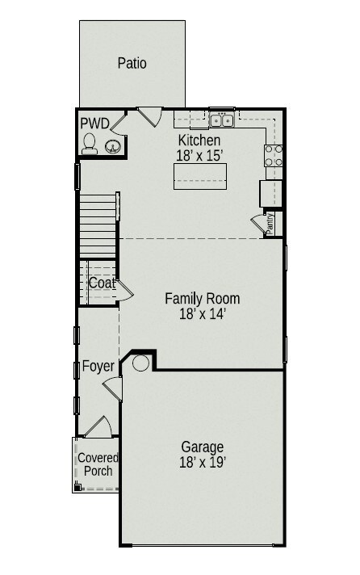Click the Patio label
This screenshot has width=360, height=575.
coord(132,62)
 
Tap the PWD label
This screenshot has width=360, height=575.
coord(94,124)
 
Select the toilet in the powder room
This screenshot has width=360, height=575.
coord(90,143)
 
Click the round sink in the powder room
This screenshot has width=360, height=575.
coord(113,146)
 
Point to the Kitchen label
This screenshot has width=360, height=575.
coord(199,141)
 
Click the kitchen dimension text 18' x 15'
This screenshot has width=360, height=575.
coord(199,155)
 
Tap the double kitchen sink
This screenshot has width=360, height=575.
coord(222,121)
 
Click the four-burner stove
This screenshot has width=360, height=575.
coord(274,155)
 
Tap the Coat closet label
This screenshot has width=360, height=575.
coord(102,283)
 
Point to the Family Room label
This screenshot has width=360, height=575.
coord(202,299)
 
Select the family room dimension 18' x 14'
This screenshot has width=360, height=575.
coord(202,314)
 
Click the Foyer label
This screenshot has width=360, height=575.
coord(98,366)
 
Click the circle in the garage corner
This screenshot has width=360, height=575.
coord(140,363)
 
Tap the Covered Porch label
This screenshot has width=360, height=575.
coord(98,464)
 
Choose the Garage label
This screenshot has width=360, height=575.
coord(202,447)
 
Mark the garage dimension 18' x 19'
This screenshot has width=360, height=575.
coord(202,463)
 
